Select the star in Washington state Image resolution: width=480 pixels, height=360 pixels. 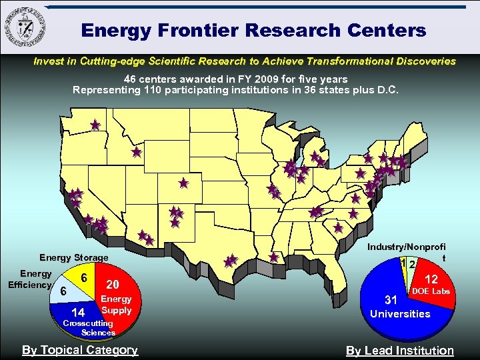point(95,125)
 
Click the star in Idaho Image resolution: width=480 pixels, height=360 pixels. point(136,152)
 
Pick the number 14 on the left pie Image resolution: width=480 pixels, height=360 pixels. point(77,312)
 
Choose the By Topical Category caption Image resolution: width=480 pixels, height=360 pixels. point(80,350)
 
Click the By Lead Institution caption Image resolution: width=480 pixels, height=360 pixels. point(399,351)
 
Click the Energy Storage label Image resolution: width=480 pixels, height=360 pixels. point(73,257)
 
